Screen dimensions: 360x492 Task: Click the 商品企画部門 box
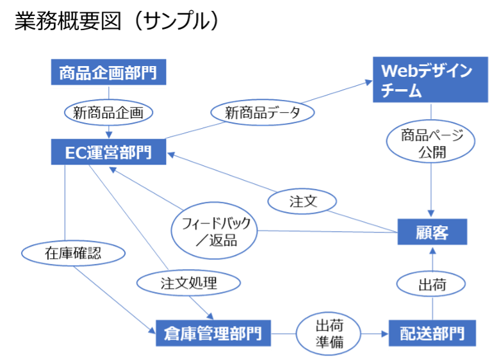(x=108, y=73)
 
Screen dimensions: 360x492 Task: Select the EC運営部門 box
(x=108, y=153)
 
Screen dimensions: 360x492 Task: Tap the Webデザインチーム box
(x=426, y=80)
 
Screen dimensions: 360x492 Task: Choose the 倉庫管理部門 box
(x=213, y=334)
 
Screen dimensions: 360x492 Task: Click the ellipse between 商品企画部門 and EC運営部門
(x=109, y=113)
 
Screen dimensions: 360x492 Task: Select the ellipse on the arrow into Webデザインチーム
(x=263, y=113)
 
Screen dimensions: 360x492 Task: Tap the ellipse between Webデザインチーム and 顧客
(x=430, y=141)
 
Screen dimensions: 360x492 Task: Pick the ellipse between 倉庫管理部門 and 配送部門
(x=327, y=334)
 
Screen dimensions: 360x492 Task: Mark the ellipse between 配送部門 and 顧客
(x=431, y=282)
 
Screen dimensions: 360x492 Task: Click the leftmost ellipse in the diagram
(x=73, y=253)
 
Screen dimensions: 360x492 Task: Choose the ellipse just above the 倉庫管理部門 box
(x=188, y=282)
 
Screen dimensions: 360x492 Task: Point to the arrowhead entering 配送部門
(x=383, y=334)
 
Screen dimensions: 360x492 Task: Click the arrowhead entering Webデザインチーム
(x=368, y=82)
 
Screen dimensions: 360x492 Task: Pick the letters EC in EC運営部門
(x=75, y=153)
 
